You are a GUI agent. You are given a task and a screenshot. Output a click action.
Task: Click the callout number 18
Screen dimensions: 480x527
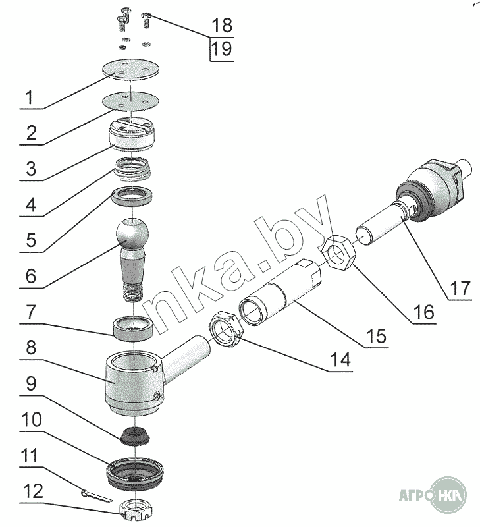click(222, 25)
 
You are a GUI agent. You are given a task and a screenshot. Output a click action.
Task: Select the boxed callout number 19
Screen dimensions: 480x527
click(222, 49)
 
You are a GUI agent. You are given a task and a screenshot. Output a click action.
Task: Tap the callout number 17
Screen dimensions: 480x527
click(460, 289)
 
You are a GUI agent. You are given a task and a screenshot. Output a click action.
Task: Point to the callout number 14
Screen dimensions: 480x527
click(340, 360)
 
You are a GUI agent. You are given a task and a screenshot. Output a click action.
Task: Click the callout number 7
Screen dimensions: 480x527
click(30, 312)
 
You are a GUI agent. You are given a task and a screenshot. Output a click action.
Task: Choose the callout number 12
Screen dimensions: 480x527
click(32, 491)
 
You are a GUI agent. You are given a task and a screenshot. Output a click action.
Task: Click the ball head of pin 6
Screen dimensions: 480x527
click(132, 234)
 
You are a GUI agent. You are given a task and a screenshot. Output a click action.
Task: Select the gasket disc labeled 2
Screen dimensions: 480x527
click(130, 101)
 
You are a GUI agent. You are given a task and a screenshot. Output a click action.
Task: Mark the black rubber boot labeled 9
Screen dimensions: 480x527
click(135, 435)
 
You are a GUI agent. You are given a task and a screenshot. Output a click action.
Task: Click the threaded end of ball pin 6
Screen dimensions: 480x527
click(132, 292)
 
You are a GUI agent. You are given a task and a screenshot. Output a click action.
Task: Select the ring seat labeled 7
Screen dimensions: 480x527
click(133, 329)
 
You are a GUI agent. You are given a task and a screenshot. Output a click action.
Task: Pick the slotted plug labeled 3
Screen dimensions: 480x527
click(132, 134)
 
